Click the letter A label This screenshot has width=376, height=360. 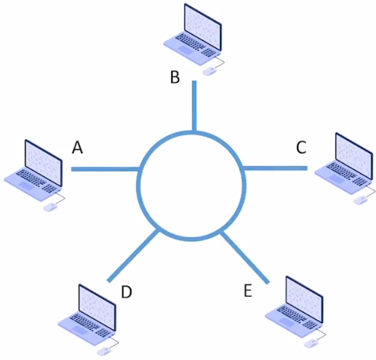(x=78, y=147)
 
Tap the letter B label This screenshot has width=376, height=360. (x=175, y=77)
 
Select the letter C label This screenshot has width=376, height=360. (x=301, y=147)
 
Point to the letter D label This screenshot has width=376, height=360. (x=126, y=292)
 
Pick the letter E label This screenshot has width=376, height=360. (x=248, y=290)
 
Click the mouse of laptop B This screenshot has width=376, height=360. (x=210, y=71)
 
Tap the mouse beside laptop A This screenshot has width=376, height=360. (x=50, y=207)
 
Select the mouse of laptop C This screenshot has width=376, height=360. (x=361, y=200)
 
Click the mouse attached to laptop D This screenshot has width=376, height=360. (x=104, y=351)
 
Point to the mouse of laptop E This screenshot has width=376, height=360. (x=311, y=344)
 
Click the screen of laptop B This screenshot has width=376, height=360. (x=203, y=27)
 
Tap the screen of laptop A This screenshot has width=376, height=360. (x=43, y=163)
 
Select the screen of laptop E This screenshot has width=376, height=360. (x=305, y=300)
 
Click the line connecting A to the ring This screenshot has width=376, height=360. (x=105, y=169)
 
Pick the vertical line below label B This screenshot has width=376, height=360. (x=195, y=107)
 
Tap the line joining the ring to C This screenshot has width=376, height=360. (x=275, y=168)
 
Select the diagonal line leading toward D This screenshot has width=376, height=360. (x=133, y=256)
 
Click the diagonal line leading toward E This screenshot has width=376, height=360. (x=245, y=257)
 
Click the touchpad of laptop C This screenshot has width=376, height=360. (x=336, y=179)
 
